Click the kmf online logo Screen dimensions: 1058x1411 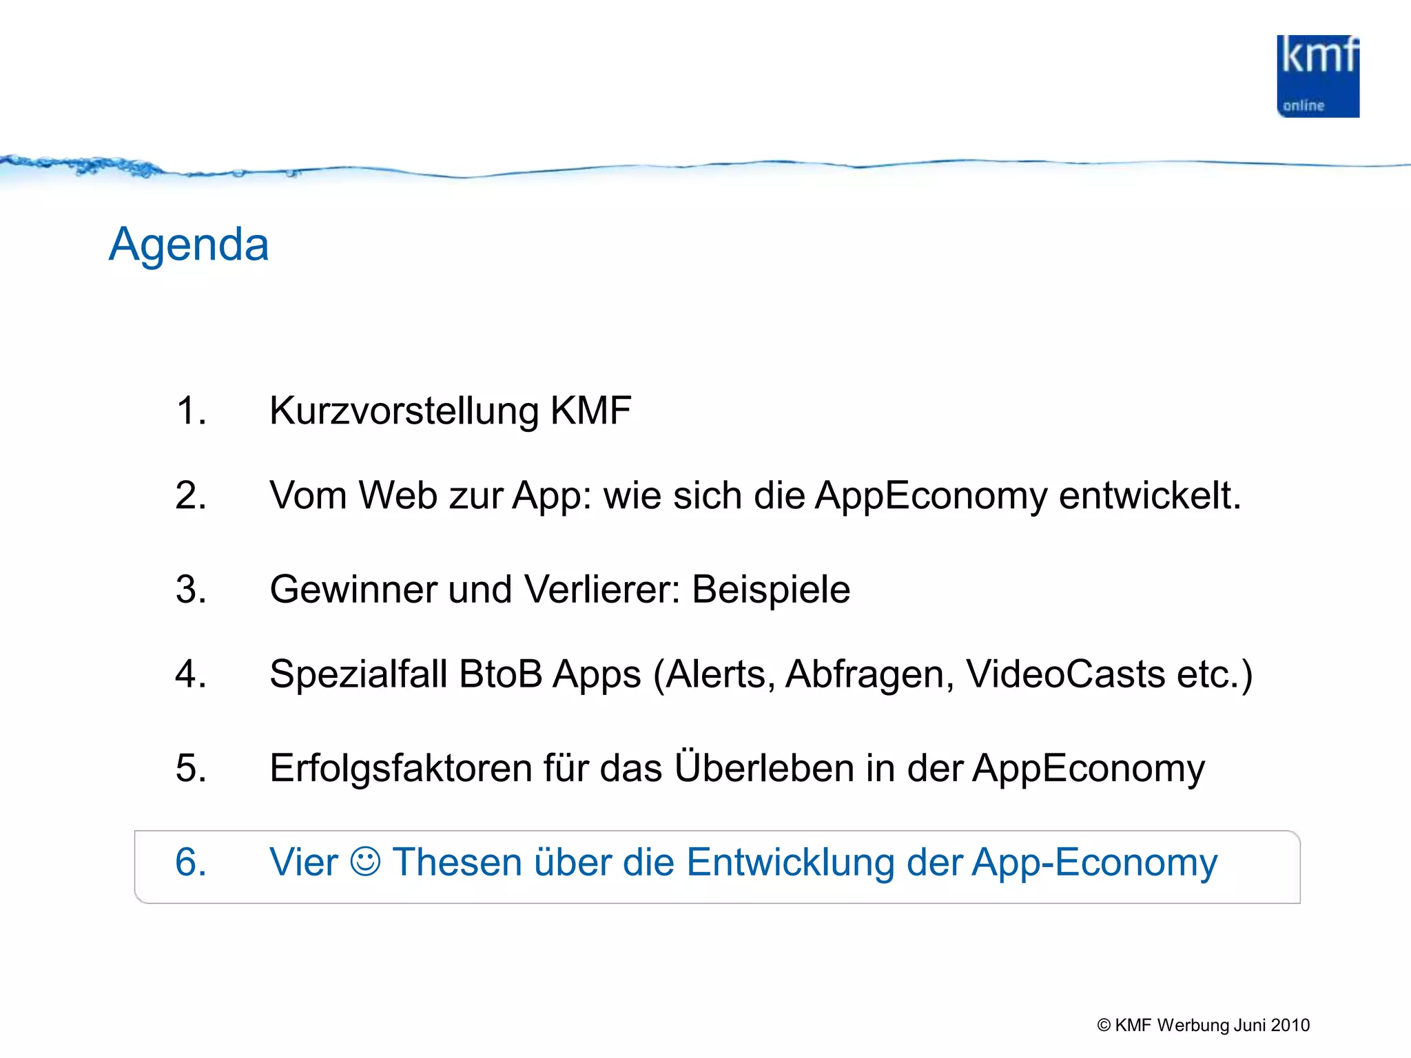tap(1317, 76)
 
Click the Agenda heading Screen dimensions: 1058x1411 tap(189, 245)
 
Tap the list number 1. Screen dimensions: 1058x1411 tap(191, 411)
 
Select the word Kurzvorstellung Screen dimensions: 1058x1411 tap(404, 411)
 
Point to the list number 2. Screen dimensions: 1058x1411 tap(191, 496)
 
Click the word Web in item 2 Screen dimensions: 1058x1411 tap(398, 496)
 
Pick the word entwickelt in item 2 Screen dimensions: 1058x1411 tap(1149, 496)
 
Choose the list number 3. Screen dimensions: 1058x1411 tap(191, 590)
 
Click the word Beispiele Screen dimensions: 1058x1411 tap(771, 590)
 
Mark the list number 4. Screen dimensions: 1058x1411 tap(191, 674)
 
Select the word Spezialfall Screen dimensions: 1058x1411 tap(358, 674)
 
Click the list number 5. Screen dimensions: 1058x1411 tap(191, 769)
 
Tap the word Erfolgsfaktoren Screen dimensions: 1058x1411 tap(400, 769)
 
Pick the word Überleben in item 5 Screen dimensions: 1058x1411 tap(764, 767)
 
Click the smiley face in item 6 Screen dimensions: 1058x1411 tap(365, 862)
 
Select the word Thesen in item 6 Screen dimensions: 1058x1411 tap(457, 862)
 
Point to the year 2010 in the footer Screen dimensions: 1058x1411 tap(1290, 1026)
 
